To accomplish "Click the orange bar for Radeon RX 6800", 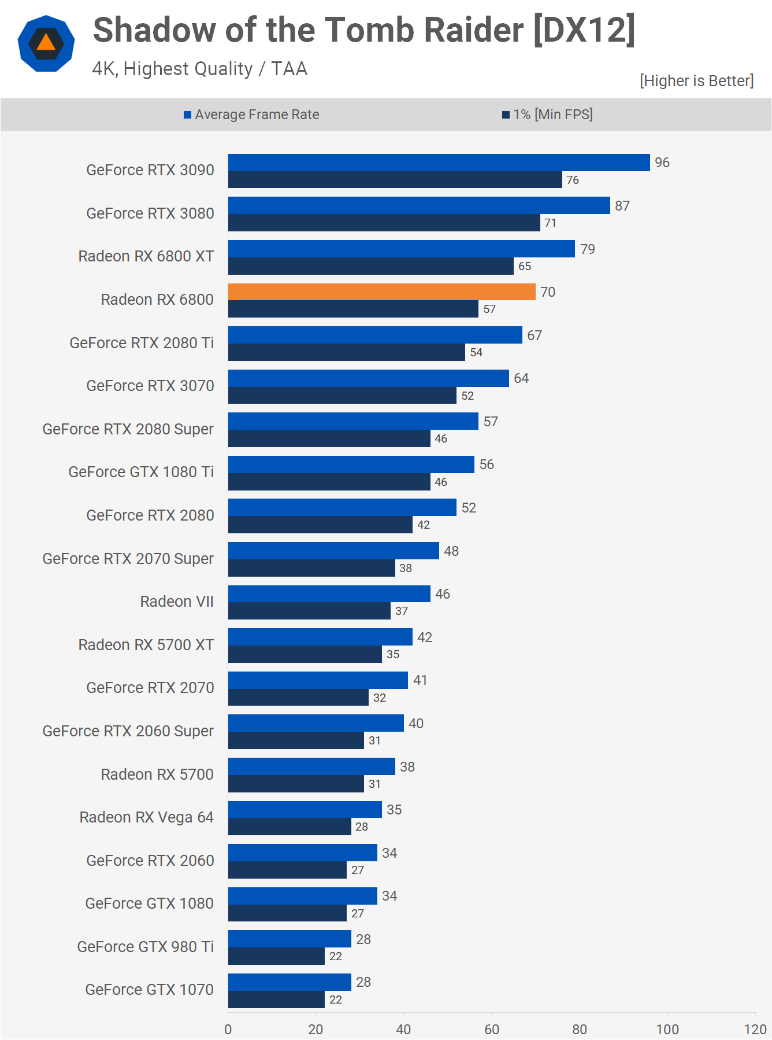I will coord(381,292).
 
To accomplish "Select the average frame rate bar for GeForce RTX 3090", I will coord(439,163).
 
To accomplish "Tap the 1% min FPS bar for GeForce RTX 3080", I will coord(384,223).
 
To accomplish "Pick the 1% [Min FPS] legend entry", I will coord(547,115).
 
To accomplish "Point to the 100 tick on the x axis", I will coord(667,1029).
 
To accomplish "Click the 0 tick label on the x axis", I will coord(228,1029).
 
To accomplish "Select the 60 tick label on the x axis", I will coord(492,1029).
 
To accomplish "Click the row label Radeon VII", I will coord(177,602).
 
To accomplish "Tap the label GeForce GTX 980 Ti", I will coord(146,947).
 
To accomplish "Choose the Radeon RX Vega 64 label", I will coord(147,817).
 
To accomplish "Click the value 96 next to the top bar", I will coord(662,163).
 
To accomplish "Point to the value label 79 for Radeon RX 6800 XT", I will coord(588,249).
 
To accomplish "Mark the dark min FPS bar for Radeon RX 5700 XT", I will coord(305,654).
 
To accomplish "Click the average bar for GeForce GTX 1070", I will coord(289,982).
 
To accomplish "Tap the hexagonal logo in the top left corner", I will coord(46,43).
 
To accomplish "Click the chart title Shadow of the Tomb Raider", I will coord(364,30).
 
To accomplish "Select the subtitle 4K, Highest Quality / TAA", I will coord(200,69).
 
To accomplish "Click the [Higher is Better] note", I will coord(696,81).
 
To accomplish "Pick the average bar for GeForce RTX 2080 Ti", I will coord(375,335).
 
